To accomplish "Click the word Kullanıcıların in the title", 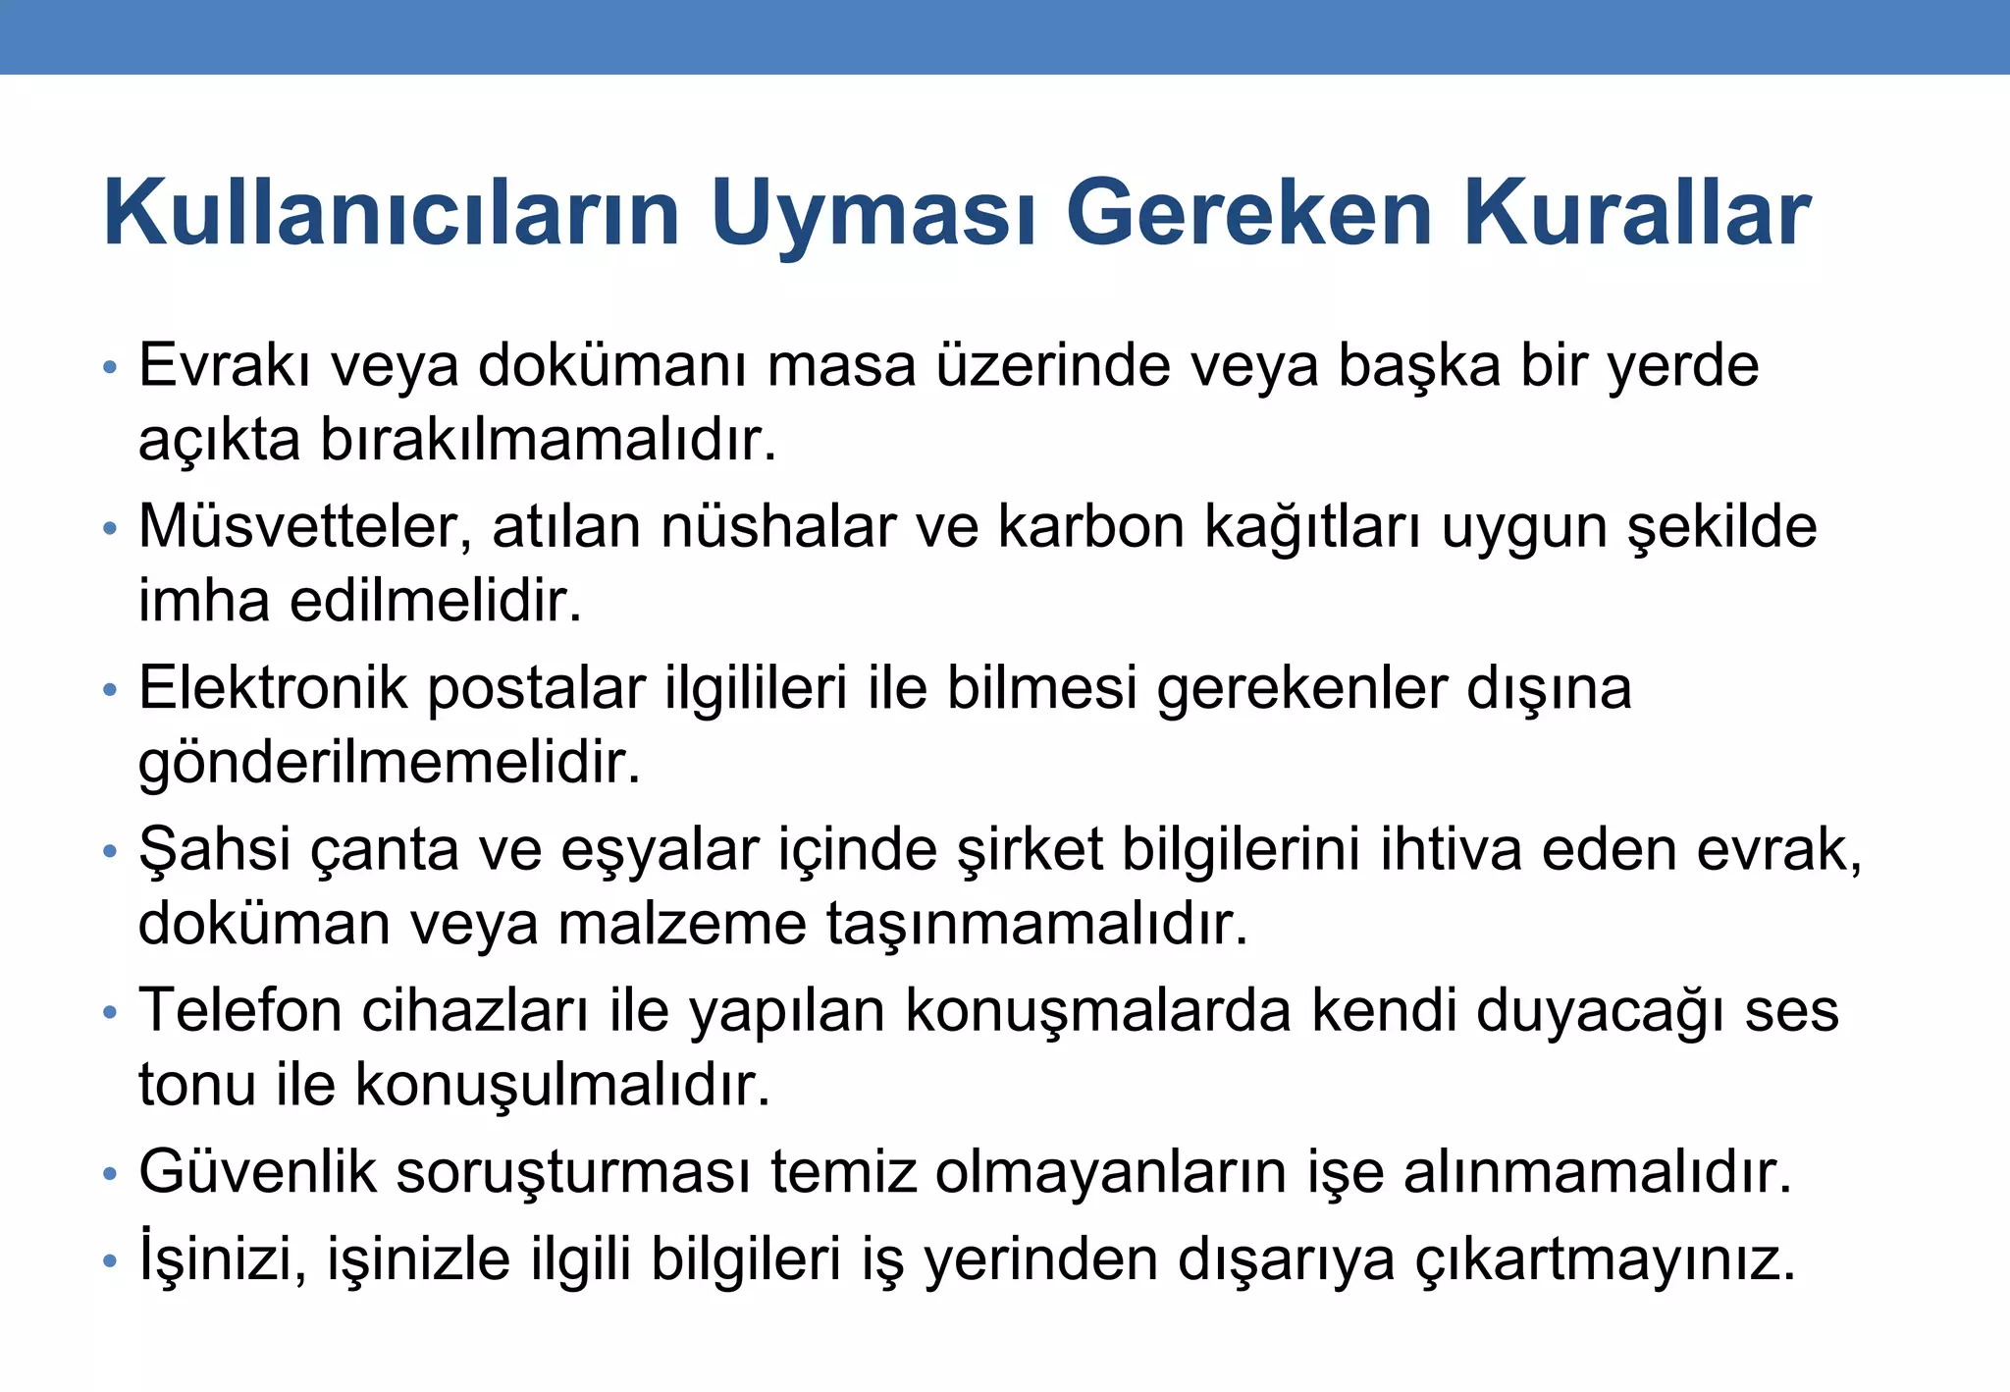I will click(392, 213).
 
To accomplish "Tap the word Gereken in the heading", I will click(1249, 213).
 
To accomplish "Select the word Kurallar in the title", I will click(1637, 213).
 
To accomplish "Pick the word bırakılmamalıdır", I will click(549, 440).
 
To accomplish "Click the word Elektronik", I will click(273, 688).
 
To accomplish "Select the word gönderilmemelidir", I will click(390, 763).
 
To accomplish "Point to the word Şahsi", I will click(215, 849).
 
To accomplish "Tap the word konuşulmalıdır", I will click(562, 1085).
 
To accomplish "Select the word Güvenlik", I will click(257, 1172).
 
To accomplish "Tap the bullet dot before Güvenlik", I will click(110, 1174).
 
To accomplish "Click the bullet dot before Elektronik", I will click(110, 690).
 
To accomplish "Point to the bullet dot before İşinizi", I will click(110, 1260).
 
